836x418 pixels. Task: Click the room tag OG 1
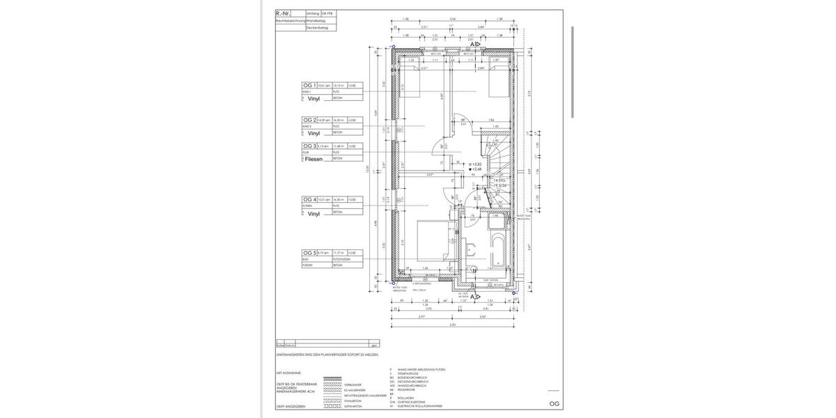point(309,85)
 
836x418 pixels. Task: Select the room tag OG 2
point(309,120)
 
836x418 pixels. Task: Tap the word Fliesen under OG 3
point(314,159)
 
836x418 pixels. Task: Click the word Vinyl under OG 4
point(313,215)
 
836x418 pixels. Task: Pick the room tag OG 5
point(309,252)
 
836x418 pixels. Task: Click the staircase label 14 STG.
point(500,180)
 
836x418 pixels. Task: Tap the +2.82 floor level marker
point(476,164)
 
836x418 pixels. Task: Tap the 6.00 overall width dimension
point(453,325)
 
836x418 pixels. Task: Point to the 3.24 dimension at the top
point(453,20)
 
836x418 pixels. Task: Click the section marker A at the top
point(473,45)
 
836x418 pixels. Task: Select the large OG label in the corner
point(554,403)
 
